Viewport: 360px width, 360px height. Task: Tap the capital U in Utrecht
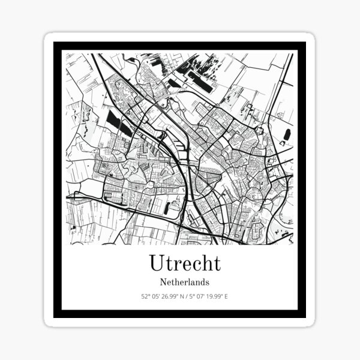coord(155,263)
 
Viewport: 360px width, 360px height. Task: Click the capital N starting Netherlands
coord(163,281)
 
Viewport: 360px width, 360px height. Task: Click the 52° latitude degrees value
coord(145,296)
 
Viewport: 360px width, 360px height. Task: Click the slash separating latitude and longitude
coord(186,296)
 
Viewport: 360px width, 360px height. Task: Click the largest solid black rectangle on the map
coord(200,79)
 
